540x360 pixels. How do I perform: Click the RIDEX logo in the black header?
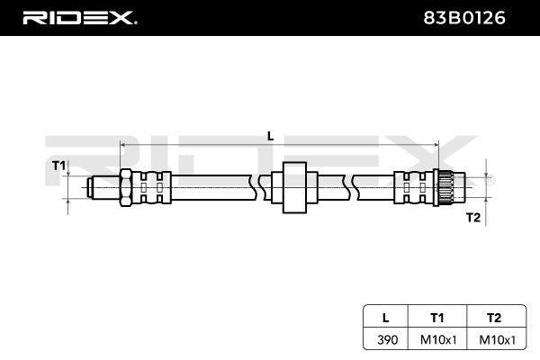79,18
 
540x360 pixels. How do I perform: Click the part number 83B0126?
463,18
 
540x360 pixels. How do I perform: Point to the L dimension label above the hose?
270,137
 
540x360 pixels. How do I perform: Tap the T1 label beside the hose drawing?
58,166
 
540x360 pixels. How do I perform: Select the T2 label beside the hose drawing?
473,218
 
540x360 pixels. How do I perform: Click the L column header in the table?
386,318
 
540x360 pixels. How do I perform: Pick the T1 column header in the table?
437,318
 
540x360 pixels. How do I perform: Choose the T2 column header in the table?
494,318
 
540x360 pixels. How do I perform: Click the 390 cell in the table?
387,340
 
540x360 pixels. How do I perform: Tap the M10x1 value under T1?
438,340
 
